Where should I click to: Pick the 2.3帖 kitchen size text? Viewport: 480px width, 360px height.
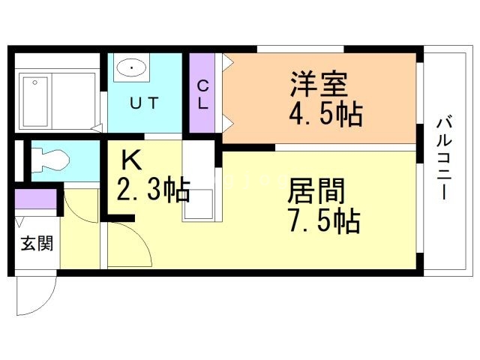tap(152, 190)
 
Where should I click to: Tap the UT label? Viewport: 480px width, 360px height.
tap(145, 105)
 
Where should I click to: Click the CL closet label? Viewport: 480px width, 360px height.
tap(202, 94)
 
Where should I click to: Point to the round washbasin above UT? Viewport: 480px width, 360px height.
tap(132, 69)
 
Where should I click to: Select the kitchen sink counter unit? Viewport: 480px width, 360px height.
tap(199, 180)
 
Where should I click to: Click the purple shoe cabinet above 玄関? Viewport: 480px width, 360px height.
tap(36, 199)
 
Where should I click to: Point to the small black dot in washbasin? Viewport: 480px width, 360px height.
tap(132, 69)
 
